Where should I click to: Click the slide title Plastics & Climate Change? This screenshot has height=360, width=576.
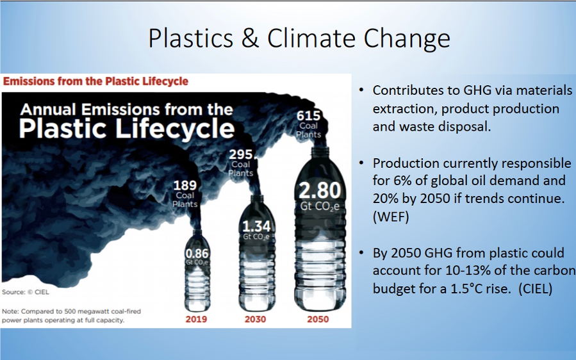pyautogui.click(x=299, y=38)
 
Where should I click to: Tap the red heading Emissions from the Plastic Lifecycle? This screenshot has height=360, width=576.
pyautogui.click(x=95, y=81)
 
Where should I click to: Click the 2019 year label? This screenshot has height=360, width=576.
pyautogui.click(x=196, y=319)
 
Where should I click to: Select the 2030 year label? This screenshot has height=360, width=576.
pyautogui.click(x=255, y=319)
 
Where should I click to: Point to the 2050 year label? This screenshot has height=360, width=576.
pyautogui.click(x=318, y=319)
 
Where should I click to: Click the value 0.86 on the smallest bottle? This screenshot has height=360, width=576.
pyautogui.click(x=197, y=254)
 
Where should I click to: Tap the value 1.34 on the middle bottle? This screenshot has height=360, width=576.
pyautogui.click(x=256, y=226)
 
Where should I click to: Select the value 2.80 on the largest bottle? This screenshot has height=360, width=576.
pyautogui.click(x=320, y=191)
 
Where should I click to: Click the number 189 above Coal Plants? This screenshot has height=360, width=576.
pyautogui.click(x=185, y=185)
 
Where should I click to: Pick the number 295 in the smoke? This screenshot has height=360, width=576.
pyautogui.click(x=241, y=154)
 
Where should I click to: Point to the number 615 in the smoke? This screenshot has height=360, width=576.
pyautogui.click(x=309, y=116)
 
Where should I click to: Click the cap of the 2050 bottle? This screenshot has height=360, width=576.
pyautogui.click(x=320, y=151)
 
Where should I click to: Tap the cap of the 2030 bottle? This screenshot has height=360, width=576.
pyautogui.click(x=257, y=199)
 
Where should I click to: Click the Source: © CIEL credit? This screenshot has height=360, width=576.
pyautogui.click(x=26, y=292)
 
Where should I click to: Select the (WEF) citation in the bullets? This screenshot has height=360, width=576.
pyautogui.click(x=391, y=217)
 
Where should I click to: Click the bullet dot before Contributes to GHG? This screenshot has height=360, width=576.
pyautogui.click(x=362, y=90)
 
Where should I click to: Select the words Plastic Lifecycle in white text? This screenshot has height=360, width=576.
pyautogui.click(x=127, y=128)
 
